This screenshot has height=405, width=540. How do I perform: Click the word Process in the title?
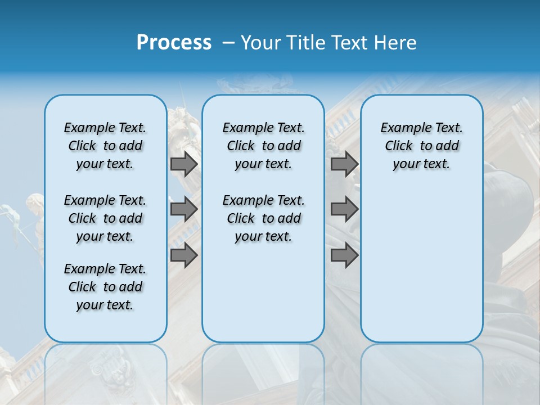point(174,43)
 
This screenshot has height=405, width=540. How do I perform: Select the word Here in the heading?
point(395,43)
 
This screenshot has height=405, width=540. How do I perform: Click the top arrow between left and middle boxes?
point(184,164)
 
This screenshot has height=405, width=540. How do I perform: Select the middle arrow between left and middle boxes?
point(184,209)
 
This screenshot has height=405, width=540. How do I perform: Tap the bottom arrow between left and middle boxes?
point(184,255)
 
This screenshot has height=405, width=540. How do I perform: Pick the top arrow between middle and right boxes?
point(344,164)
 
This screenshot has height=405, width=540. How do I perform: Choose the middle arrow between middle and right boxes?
point(344,209)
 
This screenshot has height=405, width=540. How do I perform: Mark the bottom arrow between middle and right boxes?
point(344,255)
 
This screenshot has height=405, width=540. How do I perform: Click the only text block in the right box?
point(421,146)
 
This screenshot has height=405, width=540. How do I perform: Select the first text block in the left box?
point(105,146)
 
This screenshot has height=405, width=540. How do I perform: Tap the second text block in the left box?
point(105,218)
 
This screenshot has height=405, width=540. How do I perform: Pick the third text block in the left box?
point(105,287)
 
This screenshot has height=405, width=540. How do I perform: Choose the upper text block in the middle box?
point(263,146)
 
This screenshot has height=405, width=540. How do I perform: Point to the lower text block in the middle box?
point(263,218)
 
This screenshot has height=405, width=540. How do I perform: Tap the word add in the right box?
point(447,146)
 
